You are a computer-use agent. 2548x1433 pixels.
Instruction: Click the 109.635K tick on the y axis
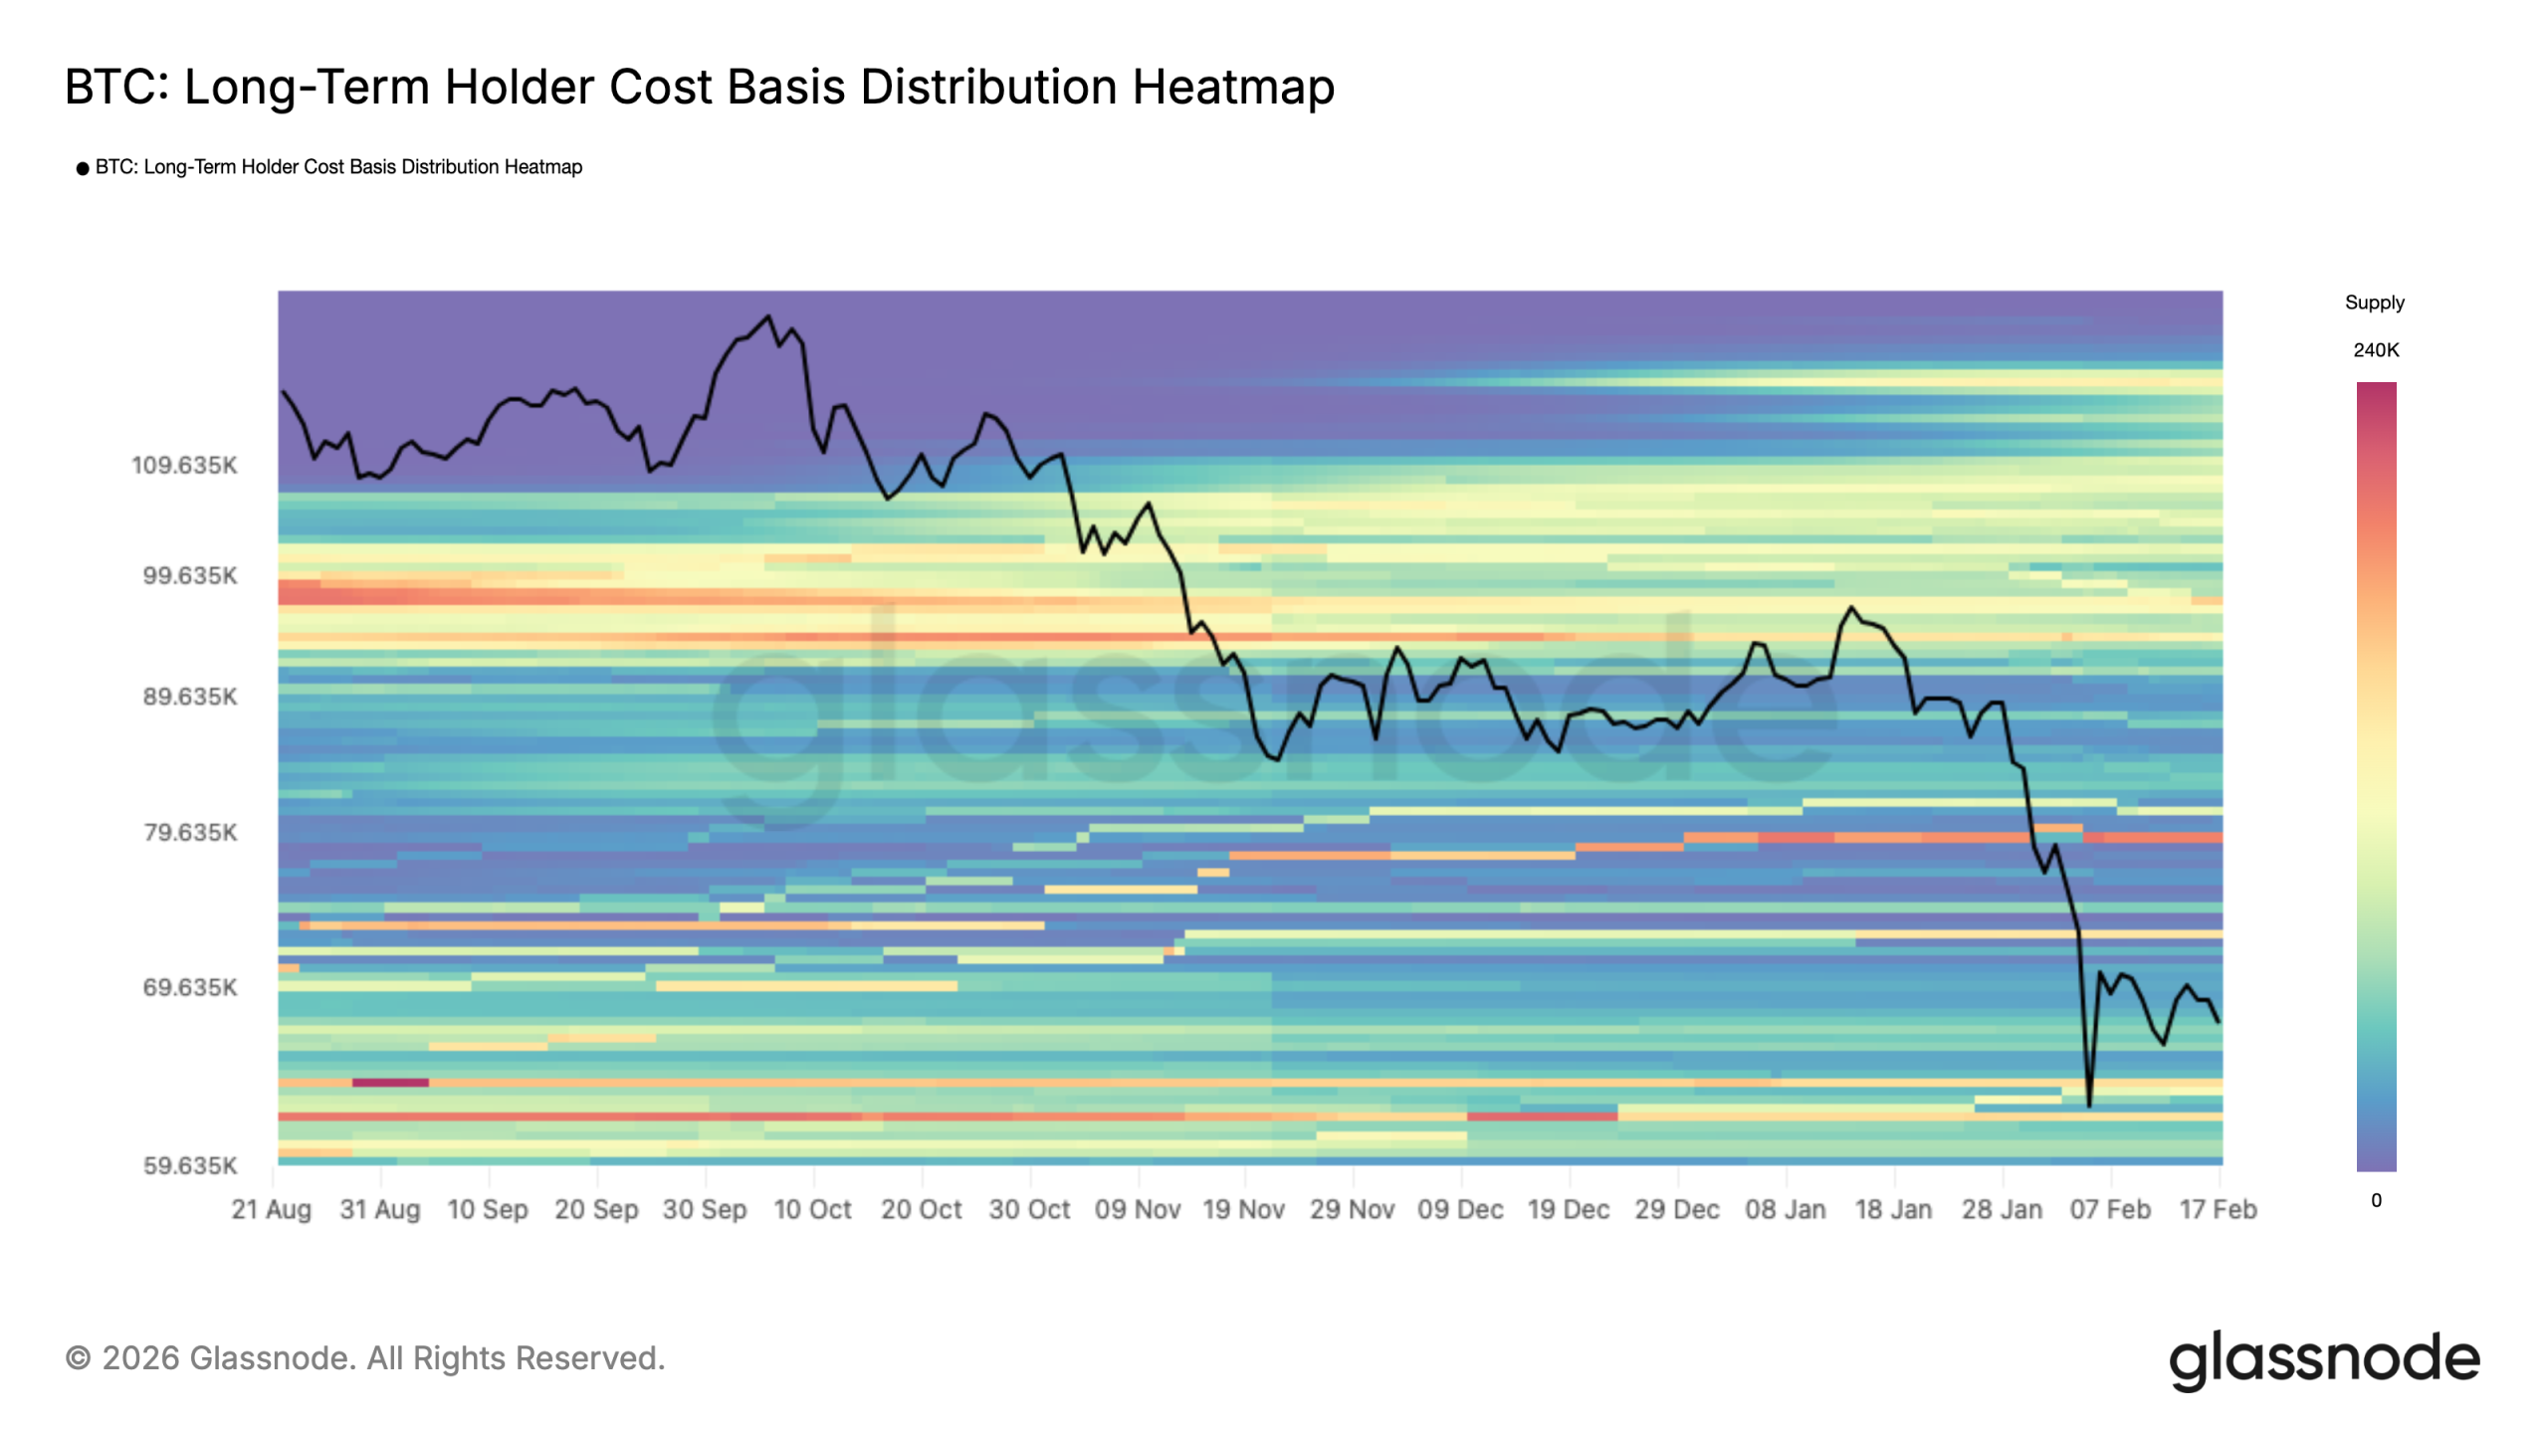[x=185, y=465]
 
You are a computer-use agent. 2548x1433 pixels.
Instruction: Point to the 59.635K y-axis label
[x=190, y=1165]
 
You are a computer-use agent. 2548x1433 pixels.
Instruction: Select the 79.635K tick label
[x=190, y=832]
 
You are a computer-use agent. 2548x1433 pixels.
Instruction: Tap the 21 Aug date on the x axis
[x=271, y=1209]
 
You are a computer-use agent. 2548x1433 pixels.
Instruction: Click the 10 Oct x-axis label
[x=812, y=1209]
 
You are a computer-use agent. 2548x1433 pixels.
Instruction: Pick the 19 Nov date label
[x=1243, y=1209]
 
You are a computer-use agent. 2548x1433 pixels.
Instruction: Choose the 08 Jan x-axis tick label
[x=1785, y=1209]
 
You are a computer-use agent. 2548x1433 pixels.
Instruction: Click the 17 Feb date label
[x=2218, y=1209]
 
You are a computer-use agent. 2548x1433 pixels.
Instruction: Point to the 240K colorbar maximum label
[x=2376, y=350]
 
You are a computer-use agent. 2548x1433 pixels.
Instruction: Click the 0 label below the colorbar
[x=2376, y=1200]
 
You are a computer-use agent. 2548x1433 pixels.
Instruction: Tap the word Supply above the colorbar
[x=2374, y=303]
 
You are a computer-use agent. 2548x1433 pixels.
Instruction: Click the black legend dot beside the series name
[x=83, y=168]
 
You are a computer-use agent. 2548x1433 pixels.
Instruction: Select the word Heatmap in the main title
[x=1232, y=87]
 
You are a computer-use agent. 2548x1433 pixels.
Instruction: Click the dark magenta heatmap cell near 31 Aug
[x=390, y=1082]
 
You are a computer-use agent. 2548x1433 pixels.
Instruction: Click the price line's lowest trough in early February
[x=2088, y=1105]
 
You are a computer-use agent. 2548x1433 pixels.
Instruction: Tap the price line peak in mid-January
[x=1851, y=607]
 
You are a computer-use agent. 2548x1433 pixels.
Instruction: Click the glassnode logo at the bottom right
[x=2324, y=1359]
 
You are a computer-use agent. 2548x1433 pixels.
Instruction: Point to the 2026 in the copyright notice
[x=141, y=1358]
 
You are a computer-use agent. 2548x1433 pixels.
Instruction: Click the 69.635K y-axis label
[x=190, y=987]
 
